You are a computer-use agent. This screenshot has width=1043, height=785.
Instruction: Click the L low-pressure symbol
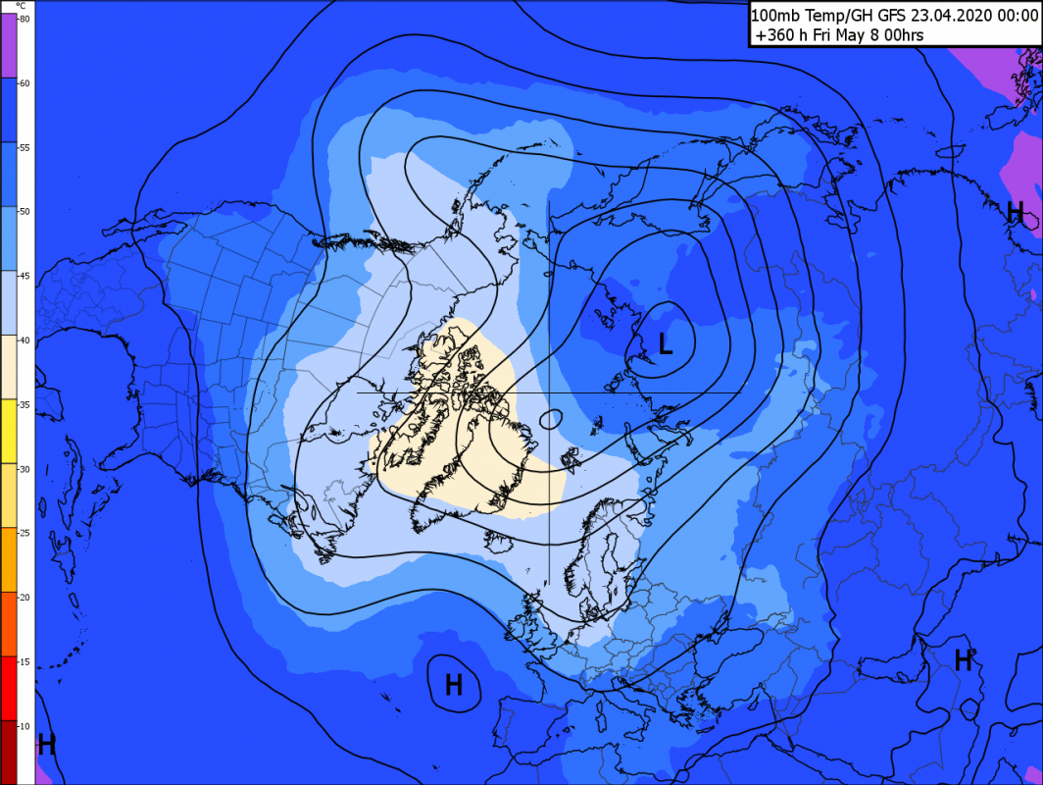666,343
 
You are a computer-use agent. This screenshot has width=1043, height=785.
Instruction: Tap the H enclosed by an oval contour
454,684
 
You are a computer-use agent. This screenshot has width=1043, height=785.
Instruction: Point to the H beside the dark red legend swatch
46,745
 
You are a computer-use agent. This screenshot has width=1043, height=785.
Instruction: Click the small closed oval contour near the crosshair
550,418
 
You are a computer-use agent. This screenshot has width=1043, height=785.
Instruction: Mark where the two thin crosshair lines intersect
549,393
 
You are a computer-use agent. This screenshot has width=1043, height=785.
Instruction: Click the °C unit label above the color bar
21,6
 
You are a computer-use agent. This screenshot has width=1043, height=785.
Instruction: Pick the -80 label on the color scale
23,19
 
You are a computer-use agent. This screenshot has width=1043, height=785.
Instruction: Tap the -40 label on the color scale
23,340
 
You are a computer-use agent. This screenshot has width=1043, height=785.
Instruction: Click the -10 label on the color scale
23,725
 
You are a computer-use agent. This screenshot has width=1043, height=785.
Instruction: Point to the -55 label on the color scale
23,147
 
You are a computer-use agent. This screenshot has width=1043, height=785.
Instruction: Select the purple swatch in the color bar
7,45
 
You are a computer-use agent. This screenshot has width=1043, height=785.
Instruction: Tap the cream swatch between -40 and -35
7,367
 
